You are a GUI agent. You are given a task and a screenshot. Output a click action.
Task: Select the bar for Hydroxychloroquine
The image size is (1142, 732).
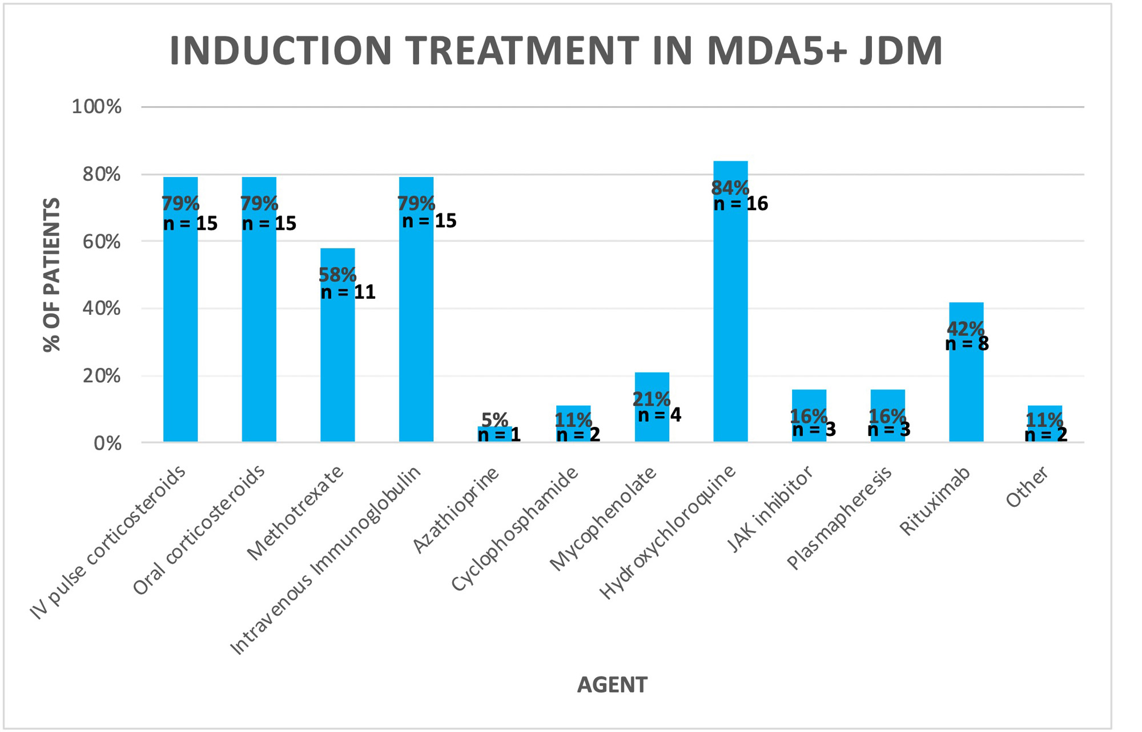pos(730,320)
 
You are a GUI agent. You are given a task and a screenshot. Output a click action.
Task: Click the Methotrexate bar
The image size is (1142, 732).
pos(337,366)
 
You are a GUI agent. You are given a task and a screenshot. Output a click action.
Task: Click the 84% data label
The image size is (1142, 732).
pos(730,187)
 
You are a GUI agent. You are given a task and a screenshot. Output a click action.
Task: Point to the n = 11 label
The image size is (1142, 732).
pos(348,293)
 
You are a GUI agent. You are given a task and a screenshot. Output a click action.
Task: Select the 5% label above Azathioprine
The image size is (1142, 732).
pos(494,420)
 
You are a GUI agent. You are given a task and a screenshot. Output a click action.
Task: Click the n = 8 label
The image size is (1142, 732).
pos(967,344)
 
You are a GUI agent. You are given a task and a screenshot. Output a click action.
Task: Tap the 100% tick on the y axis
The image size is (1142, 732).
pos(96,107)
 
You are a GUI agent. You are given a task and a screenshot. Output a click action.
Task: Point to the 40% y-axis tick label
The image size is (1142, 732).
pos(102,309)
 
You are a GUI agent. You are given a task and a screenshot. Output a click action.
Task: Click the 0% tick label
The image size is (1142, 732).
pos(107,443)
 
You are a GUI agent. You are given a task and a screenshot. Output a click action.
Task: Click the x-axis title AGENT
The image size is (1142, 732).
pos(612,685)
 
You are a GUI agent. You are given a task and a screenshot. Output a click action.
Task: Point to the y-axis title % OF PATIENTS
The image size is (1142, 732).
pos(52,274)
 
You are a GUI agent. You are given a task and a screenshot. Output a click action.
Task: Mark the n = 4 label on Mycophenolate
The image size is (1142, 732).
pos(660,415)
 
